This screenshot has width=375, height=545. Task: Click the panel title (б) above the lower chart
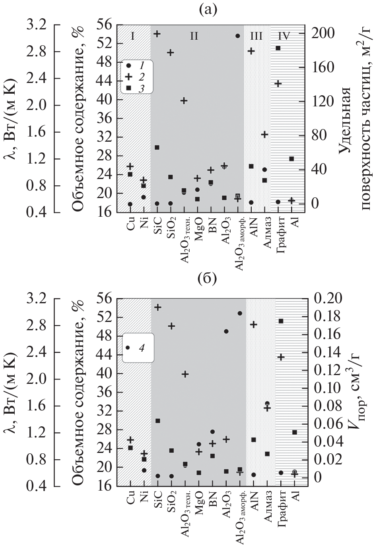[x=207, y=279]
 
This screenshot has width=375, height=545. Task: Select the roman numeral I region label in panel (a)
[x=133, y=36]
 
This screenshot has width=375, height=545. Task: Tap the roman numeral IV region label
[x=284, y=36]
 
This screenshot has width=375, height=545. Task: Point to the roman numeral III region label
[x=256, y=36]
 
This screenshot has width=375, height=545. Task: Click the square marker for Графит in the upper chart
[x=278, y=48]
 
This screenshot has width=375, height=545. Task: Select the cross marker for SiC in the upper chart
[x=157, y=34]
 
